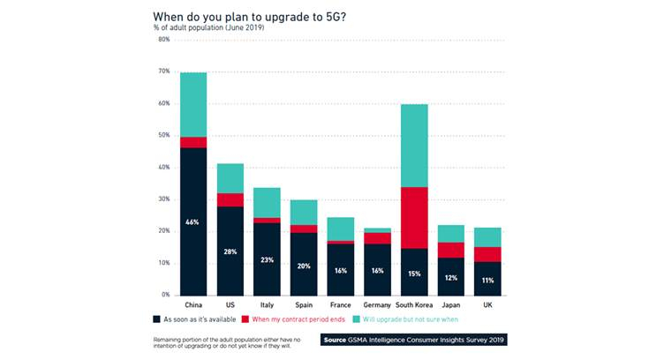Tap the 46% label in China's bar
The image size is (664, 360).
(x=193, y=221)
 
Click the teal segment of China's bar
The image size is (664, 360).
(x=193, y=104)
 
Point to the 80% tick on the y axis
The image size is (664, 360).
(x=163, y=40)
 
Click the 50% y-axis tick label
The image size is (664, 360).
(x=163, y=135)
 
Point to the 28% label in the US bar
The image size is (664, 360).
(x=230, y=251)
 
